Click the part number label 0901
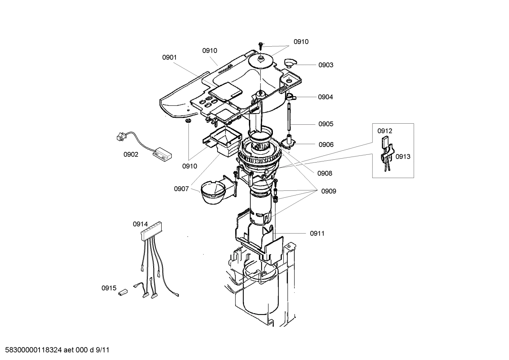click(x=169, y=57)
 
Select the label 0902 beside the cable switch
click(x=131, y=154)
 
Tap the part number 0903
click(x=325, y=65)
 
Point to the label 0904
click(x=325, y=97)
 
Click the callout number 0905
click(x=325, y=124)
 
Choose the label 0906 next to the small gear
click(x=325, y=144)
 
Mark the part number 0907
click(x=181, y=189)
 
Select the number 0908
click(x=324, y=173)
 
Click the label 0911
click(x=317, y=233)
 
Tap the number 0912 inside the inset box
click(x=385, y=131)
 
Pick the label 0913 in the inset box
click(x=403, y=157)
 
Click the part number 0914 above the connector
click(x=140, y=224)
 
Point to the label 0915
click(x=109, y=288)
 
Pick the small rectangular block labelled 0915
click(x=122, y=292)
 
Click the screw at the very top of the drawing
click(x=261, y=45)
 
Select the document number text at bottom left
click(x=55, y=350)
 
